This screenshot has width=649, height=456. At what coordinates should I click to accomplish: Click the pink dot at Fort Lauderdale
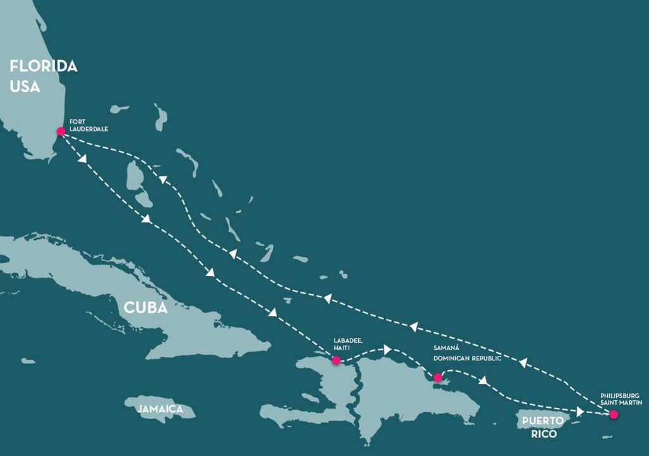(61, 131)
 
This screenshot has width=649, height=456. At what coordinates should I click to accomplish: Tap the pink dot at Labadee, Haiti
(337, 360)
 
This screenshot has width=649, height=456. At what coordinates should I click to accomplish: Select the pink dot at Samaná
(437, 377)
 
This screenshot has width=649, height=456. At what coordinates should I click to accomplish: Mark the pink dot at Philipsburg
(614, 415)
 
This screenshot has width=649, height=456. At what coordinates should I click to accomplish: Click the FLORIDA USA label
(43, 75)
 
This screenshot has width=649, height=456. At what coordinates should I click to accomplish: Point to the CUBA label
(145, 308)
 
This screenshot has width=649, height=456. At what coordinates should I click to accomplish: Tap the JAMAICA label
(160, 410)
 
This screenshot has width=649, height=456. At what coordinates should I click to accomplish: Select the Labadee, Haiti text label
(348, 344)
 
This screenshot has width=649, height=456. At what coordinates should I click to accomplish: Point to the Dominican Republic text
(467, 358)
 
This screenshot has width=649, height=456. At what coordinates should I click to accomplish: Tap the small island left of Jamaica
(28, 361)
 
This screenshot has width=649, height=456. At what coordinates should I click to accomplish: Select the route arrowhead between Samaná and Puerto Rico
(485, 381)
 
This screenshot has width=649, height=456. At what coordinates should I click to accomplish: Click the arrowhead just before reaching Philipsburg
(580, 412)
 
